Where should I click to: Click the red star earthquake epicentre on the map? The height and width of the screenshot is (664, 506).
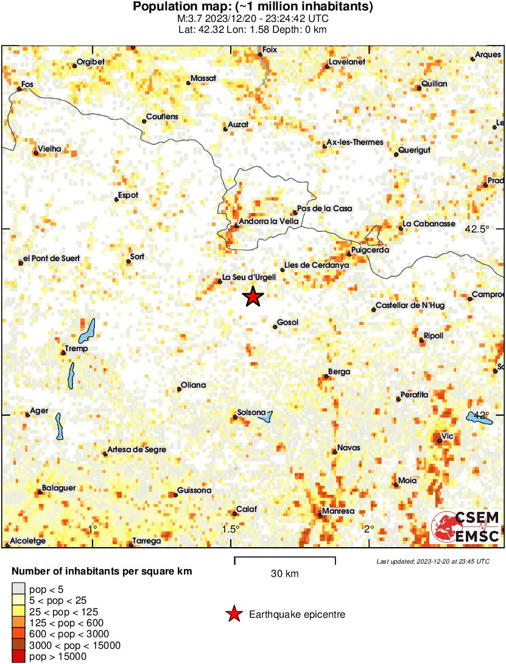click(253, 297)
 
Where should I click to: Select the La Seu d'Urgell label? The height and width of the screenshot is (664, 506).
click(249, 278)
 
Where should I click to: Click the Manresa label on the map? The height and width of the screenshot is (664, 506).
click(338, 512)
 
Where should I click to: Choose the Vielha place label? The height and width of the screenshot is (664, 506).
click(50, 149)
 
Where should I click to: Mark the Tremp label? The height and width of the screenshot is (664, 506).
click(77, 349)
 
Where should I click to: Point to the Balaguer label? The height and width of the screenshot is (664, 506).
click(58, 488)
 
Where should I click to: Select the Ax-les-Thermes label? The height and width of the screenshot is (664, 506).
click(355, 142)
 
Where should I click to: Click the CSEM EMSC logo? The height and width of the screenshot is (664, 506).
click(465, 528)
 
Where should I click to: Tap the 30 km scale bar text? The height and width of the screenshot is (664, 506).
click(284, 574)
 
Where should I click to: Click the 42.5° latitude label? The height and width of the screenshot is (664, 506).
click(477, 229)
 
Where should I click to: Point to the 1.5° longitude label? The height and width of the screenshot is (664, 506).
click(231, 529)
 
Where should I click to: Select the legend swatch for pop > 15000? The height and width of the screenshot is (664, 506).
click(19, 657)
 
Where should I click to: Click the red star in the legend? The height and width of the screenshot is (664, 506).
click(233, 615)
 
